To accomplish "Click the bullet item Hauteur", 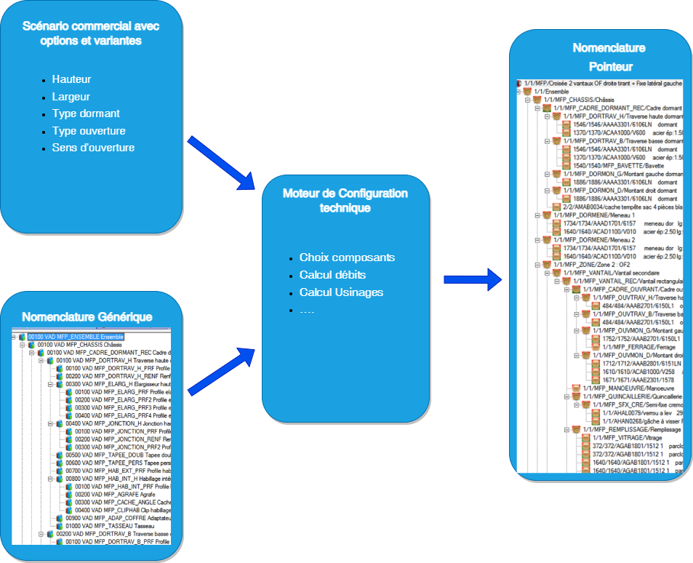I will (x=71, y=79).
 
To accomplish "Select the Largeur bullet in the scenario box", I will (x=71, y=97).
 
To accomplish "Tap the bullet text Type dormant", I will (x=86, y=113).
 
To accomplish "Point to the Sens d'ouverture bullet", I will (x=93, y=148).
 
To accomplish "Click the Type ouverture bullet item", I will (x=89, y=131).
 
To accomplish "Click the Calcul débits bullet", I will (x=332, y=275).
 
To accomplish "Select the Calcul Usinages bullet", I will (x=341, y=292).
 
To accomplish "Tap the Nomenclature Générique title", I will (x=87, y=316).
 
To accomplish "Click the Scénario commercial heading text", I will (x=91, y=33).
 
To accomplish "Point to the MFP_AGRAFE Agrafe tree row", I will (x=105, y=494).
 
